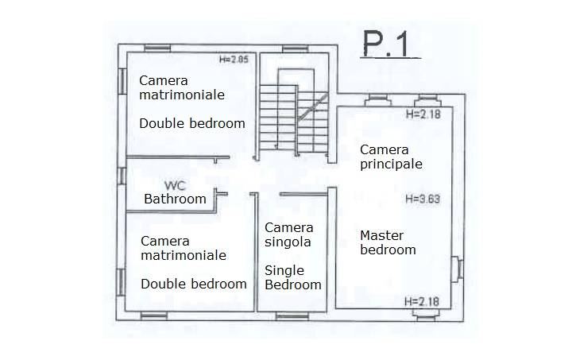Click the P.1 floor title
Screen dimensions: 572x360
click(x=390, y=45)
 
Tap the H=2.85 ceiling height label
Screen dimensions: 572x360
click(x=234, y=59)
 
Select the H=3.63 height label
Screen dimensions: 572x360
click(x=423, y=199)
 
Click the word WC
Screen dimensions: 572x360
click(x=176, y=185)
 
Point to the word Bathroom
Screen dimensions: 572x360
click(x=175, y=199)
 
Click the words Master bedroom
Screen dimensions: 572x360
click(x=388, y=242)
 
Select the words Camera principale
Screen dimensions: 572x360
click(x=391, y=157)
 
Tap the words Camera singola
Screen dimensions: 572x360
click(x=289, y=234)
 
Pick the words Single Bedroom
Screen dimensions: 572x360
click(x=293, y=277)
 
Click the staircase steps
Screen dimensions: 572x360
click(x=294, y=118)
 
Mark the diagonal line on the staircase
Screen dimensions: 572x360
click(x=312, y=107)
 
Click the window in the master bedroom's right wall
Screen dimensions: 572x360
click(x=457, y=269)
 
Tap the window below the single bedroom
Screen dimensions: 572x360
click(x=292, y=316)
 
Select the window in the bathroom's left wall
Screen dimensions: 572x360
click(x=122, y=176)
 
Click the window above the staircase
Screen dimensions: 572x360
click(x=296, y=48)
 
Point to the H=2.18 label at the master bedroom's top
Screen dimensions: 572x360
click(x=423, y=114)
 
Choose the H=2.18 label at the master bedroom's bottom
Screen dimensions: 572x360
click(x=422, y=302)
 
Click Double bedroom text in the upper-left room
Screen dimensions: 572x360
click(x=192, y=124)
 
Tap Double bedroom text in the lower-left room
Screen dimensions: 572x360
click(x=194, y=285)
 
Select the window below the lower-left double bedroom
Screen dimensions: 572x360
click(x=154, y=315)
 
